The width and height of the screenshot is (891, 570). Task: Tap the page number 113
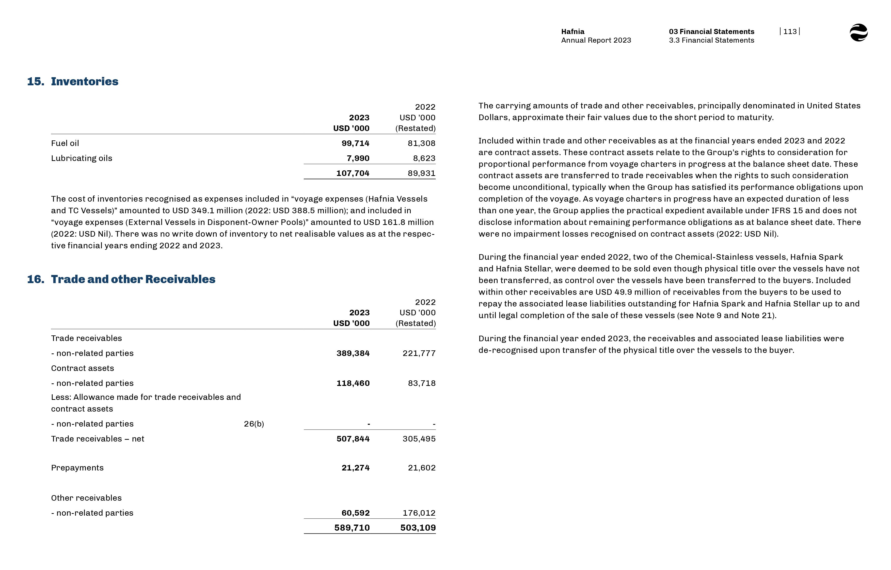(790, 31)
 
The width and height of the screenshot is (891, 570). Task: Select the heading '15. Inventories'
(73, 82)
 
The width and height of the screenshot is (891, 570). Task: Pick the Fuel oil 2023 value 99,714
(355, 143)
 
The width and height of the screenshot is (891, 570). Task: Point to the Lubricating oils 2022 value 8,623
(424, 158)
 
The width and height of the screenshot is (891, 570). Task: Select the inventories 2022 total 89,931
(421, 173)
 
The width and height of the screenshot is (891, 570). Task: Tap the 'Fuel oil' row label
(65, 143)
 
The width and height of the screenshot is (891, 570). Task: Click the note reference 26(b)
(254, 424)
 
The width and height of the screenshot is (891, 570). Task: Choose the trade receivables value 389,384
(353, 353)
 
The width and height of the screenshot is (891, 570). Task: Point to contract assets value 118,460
(353, 383)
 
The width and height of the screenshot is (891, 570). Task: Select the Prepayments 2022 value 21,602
(422, 468)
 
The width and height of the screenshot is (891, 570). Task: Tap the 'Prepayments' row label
(77, 468)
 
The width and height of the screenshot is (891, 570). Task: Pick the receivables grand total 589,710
(352, 528)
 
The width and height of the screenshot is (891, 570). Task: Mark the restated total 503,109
(418, 528)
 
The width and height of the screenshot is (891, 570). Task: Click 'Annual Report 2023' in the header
(596, 40)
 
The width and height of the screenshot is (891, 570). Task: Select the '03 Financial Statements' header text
(711, 31)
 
